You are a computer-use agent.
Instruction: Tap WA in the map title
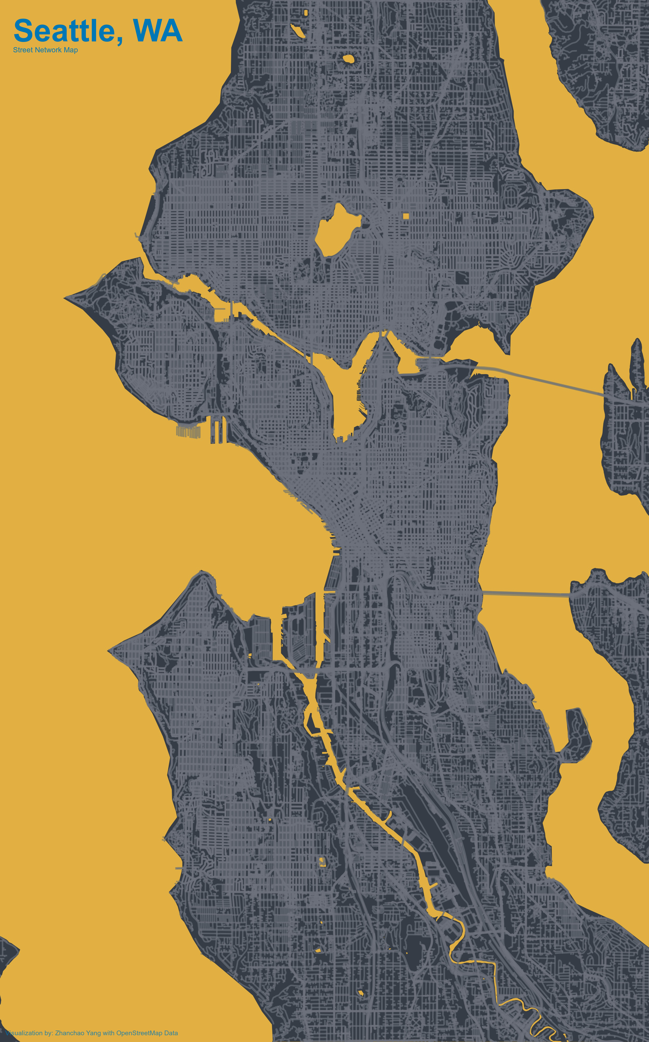157,31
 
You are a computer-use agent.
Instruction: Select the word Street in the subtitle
23,50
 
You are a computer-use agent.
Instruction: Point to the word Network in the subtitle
48,50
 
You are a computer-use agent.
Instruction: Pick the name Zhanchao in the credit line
70,1033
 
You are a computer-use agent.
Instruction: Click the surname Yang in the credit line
93,1033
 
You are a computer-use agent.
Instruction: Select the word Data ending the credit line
171,1033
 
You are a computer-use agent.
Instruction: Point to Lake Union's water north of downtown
345,395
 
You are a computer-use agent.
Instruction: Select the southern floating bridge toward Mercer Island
526,594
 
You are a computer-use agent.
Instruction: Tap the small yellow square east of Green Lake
406,216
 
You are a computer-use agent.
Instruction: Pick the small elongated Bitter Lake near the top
297,30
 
